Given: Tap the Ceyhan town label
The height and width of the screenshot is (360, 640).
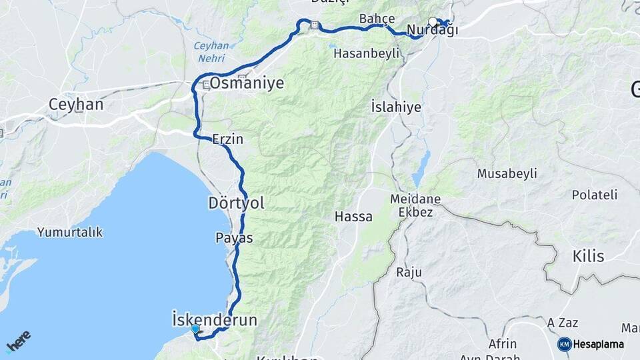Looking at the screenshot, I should [76, 105].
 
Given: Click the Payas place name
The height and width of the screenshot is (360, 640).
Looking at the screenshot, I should [234, 237].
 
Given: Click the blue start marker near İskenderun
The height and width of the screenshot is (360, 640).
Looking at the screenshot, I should [195, 329].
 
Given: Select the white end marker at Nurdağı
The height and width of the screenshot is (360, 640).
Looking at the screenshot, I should [433, 22].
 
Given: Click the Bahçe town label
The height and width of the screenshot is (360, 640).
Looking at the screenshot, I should [377, 18].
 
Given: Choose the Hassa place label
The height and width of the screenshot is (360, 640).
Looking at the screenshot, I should [353, 217].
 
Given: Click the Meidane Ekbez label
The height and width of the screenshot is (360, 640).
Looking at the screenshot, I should [415, 205].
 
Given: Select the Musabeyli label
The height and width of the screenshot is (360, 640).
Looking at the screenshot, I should [507, 174].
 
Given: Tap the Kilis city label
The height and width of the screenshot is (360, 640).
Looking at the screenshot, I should [588, 257].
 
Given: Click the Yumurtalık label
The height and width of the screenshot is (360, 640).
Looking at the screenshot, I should [70, 232].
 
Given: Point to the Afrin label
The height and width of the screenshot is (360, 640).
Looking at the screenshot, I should [502, 344].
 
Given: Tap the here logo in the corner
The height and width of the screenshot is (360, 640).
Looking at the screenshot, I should [18, 342].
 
